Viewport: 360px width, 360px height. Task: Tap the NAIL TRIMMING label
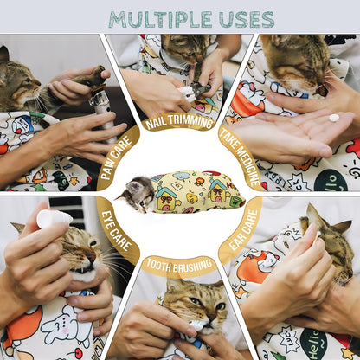pos(179,122)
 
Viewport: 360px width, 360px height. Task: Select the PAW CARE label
pos(116,158)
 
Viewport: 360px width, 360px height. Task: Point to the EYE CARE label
pos(116,231)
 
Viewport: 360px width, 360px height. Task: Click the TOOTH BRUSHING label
pos(179,266)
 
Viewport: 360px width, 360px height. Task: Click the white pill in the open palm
pos(334,118)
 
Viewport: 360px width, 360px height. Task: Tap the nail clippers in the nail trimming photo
pos(196,91)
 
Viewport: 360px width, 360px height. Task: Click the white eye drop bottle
pos(54,219)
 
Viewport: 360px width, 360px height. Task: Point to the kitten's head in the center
pos(138,194)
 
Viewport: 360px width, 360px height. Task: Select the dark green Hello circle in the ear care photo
pos(313,344)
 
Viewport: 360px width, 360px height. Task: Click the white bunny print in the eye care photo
pos(66,325)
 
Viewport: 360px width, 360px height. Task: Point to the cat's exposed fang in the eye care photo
pos(78,270)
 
